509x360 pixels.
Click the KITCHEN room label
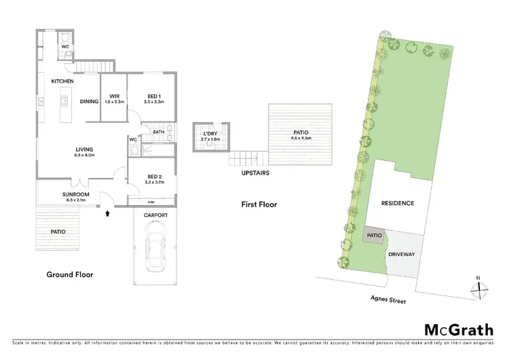(62, 82)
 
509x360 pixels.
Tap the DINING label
(89, 102)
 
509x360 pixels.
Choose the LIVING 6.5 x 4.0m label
(85, 151)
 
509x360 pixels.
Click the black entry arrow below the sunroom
(106, 213)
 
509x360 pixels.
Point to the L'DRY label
(210, 136)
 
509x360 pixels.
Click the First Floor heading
(259, 204)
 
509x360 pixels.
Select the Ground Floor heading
(69, 274)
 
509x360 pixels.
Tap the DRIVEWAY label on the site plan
(401, 254)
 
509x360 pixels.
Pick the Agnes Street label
(388, 300)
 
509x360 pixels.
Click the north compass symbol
(479, 288)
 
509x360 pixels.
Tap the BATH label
(158, 132)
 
